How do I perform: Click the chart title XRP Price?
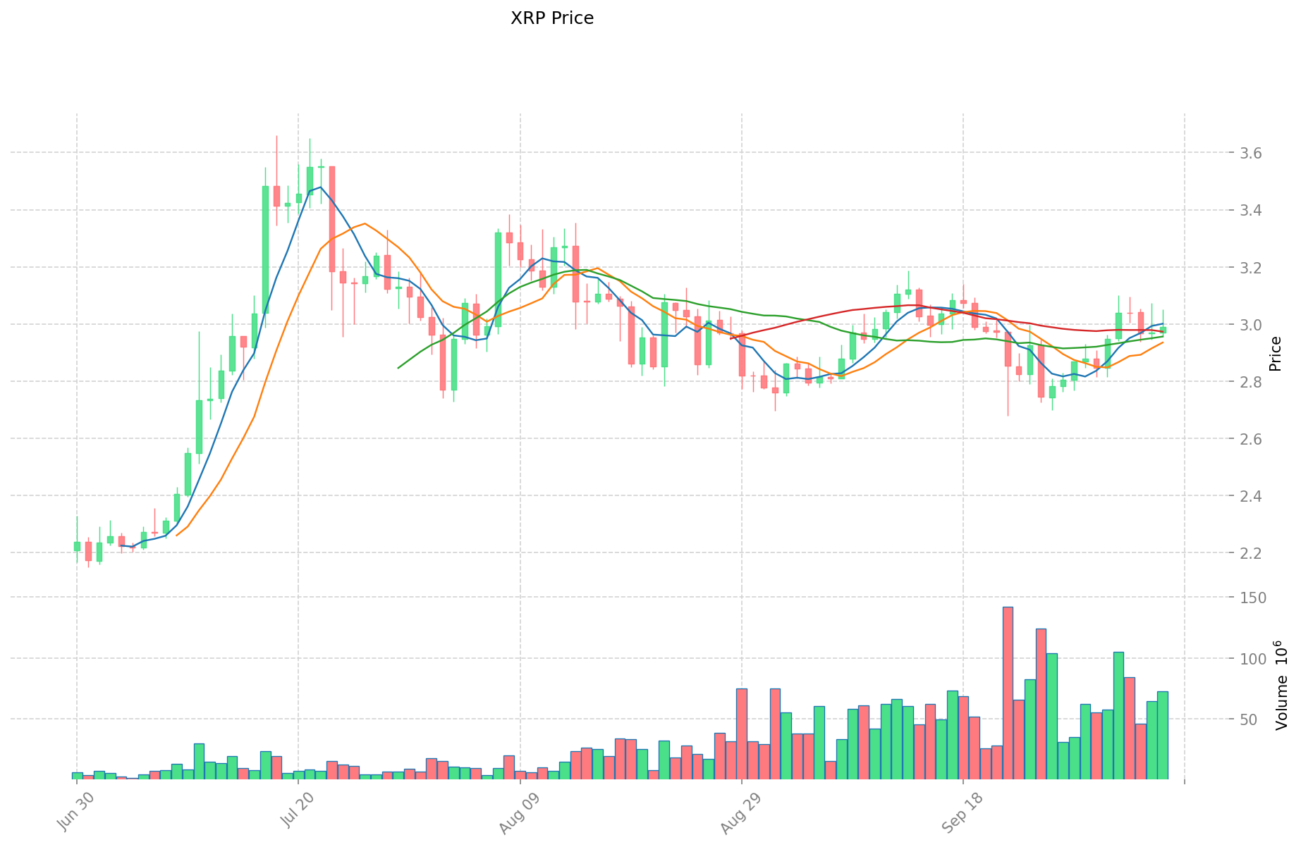(x=551, y=18)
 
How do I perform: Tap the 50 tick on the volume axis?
(x=1248, y=719)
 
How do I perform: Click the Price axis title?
(x=1275, y=354)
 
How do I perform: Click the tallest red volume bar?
(x=1008, y=693)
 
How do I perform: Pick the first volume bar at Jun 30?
(x=77, y=776)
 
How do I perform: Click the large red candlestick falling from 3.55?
(x=332, y=218)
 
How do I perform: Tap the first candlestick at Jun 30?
(x=77, y=545)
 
